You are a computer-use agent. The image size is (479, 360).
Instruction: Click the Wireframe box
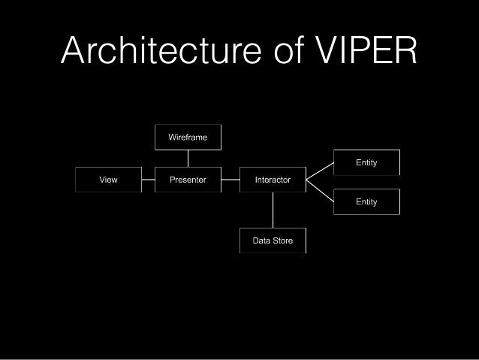(188, 137)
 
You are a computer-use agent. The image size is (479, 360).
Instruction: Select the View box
(108, 180)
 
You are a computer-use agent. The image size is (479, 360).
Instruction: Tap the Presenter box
(188, 180)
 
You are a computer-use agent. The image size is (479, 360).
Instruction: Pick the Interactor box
(273, 180)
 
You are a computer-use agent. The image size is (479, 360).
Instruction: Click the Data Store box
(273, 241)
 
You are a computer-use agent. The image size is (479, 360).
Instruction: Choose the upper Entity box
(366, 162)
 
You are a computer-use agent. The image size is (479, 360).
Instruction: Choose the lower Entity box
(366, 202)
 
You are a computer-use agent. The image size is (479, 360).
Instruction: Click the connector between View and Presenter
(149, 180)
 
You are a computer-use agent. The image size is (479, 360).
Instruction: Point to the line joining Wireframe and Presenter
(188, 159)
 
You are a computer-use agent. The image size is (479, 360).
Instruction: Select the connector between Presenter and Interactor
(230, 180)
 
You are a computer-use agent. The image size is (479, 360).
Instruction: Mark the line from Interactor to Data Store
(273, 210)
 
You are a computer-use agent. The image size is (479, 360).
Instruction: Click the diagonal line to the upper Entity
(320, 171)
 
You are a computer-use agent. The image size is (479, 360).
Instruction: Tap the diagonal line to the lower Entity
(320, 191)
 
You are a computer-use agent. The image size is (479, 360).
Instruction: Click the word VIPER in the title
(366, 50)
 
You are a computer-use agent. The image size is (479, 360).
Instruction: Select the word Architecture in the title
(161, 50)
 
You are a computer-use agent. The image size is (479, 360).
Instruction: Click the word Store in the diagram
(282, 241)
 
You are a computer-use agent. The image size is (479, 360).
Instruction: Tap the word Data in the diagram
(261, 241)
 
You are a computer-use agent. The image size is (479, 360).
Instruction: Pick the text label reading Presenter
(188, 180)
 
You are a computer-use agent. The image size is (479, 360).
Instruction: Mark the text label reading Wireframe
(188, 137)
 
